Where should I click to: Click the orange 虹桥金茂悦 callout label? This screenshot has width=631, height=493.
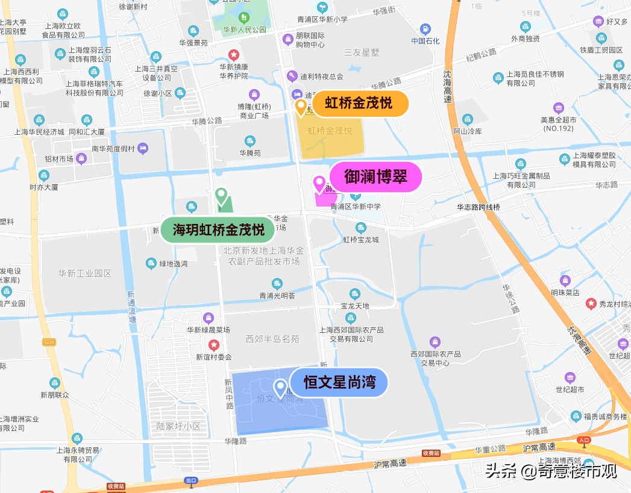coord(360,104)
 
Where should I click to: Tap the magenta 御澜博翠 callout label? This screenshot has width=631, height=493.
coord(375,177)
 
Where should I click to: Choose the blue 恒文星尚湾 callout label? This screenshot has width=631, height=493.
coord(339,382)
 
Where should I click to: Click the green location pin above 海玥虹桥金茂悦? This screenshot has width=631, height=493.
coord(222,196)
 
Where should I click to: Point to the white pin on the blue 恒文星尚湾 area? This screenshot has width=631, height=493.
coord(280,387)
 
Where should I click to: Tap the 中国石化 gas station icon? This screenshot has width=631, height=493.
coord(425,29)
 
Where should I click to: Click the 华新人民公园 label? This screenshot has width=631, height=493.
coord(244,29)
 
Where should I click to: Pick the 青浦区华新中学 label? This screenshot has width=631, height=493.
coord(356,206)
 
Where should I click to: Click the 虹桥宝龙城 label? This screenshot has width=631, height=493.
coord(361,240)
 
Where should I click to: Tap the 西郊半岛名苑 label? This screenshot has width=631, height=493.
coord(272,339)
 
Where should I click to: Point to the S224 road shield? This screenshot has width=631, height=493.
coord(49,342)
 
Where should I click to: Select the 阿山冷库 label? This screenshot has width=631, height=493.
coord(468,131)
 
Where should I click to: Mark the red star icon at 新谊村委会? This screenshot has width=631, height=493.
coord(213,345)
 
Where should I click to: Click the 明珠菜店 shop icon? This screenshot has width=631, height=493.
coord(565,281)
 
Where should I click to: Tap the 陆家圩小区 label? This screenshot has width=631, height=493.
coord(178,426)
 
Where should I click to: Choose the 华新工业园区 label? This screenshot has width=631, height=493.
coord(85,273)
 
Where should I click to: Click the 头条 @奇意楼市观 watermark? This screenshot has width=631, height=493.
coord(551,471)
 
